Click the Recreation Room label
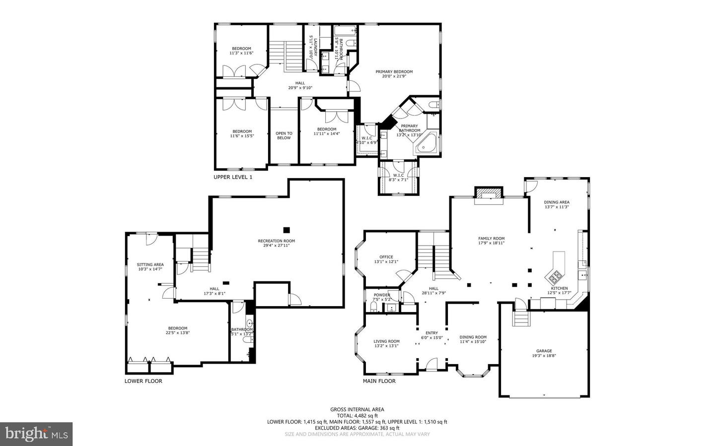coord(276,241)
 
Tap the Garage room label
coord(544,351)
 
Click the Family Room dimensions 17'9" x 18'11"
coord(491,243)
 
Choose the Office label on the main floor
coord(386,257)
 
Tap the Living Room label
coord(386,341)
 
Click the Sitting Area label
coord(150,264)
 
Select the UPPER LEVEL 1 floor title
coord(233,177)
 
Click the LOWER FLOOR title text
coord(143,381)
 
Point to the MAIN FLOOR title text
coord(379,381)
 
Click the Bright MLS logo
coord(36,434)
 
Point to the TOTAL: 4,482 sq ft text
coord(357,416)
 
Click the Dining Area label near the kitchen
coord(556,202)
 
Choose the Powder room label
coord(381,295)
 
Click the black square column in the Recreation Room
coord(286,230)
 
